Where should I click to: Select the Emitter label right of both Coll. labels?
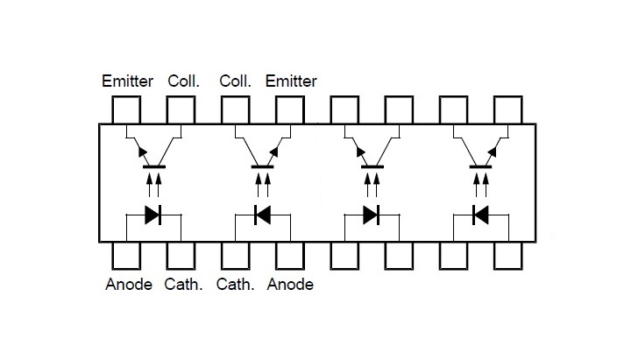pyautogui.click(x=291, y=81)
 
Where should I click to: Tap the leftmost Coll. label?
pyautogui.click(x=183, y=81)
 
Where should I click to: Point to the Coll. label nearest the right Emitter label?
pyautogui.click(x=236, y=81)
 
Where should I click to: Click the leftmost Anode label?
pyautogui.click(x=128, y=285)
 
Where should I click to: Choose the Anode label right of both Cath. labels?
pyautogui.click(x=290, y=285)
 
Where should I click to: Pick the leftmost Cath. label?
pyautogui.click(x=183, y=285)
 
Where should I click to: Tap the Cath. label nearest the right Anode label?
pyautogui.click(x=236, y=285)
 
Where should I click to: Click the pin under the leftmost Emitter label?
pyautogui.click(x=126, y=109)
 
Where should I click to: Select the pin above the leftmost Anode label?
pyautogui.click(x=126, y=255)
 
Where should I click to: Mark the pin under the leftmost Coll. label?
pyautogui.click(x=181, y=109)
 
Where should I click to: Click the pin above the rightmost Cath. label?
pyautogui.click(x=235, y=255)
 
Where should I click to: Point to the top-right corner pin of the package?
pyautogui.click(x=507, y=109)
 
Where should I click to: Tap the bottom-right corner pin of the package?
pyautogui.click(x=507, y=255)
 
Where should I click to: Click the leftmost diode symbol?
pyautogui.click(x=152, y=214)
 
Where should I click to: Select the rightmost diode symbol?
pyautogui.click(x=479, y=214)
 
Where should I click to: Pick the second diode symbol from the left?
pyautogui.click(x=261, y=214)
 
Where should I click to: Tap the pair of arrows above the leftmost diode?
pyautogui.click(x=153, y=185)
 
